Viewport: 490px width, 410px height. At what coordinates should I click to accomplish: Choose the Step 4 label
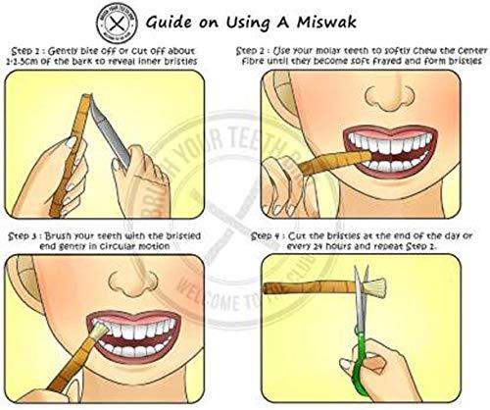272,236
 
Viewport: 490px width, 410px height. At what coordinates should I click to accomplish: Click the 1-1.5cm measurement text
30,59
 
